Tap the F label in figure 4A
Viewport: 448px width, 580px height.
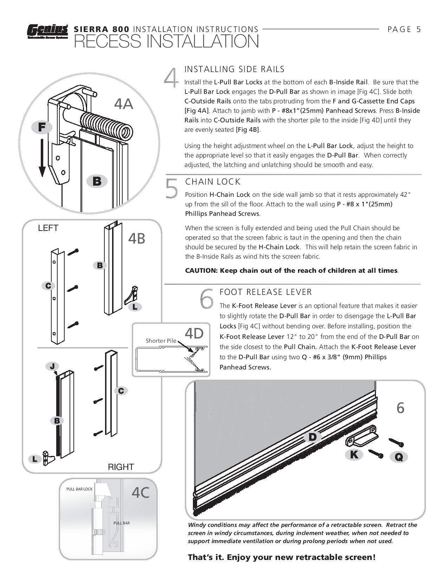[x=42, y=127]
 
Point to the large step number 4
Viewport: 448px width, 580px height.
[x=171, y=78]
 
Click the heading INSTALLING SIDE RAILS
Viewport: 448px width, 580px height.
[x=234, y=69]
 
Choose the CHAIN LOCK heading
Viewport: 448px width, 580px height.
[x=213, y=182]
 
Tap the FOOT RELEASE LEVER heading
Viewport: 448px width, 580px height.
[x=266, y=292]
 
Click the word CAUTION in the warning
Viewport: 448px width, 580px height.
[x=201, y=271]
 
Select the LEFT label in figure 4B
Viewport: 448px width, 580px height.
[x=48, y=228]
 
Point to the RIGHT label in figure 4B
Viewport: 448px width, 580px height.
[x=121, y=467]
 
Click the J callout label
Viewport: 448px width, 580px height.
[x=52, y=367]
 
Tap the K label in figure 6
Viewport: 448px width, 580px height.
[x=354, y=455]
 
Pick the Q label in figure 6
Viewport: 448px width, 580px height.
[x=398, y=457]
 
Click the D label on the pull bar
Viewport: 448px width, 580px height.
[x=312, y=437]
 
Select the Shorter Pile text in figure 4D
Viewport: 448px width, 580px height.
[x=161, y=341]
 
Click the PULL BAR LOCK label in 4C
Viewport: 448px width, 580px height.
[x=79, y=489]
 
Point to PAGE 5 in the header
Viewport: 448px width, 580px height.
[x=404, y=30]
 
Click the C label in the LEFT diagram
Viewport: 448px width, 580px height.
[x=48, y=286]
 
